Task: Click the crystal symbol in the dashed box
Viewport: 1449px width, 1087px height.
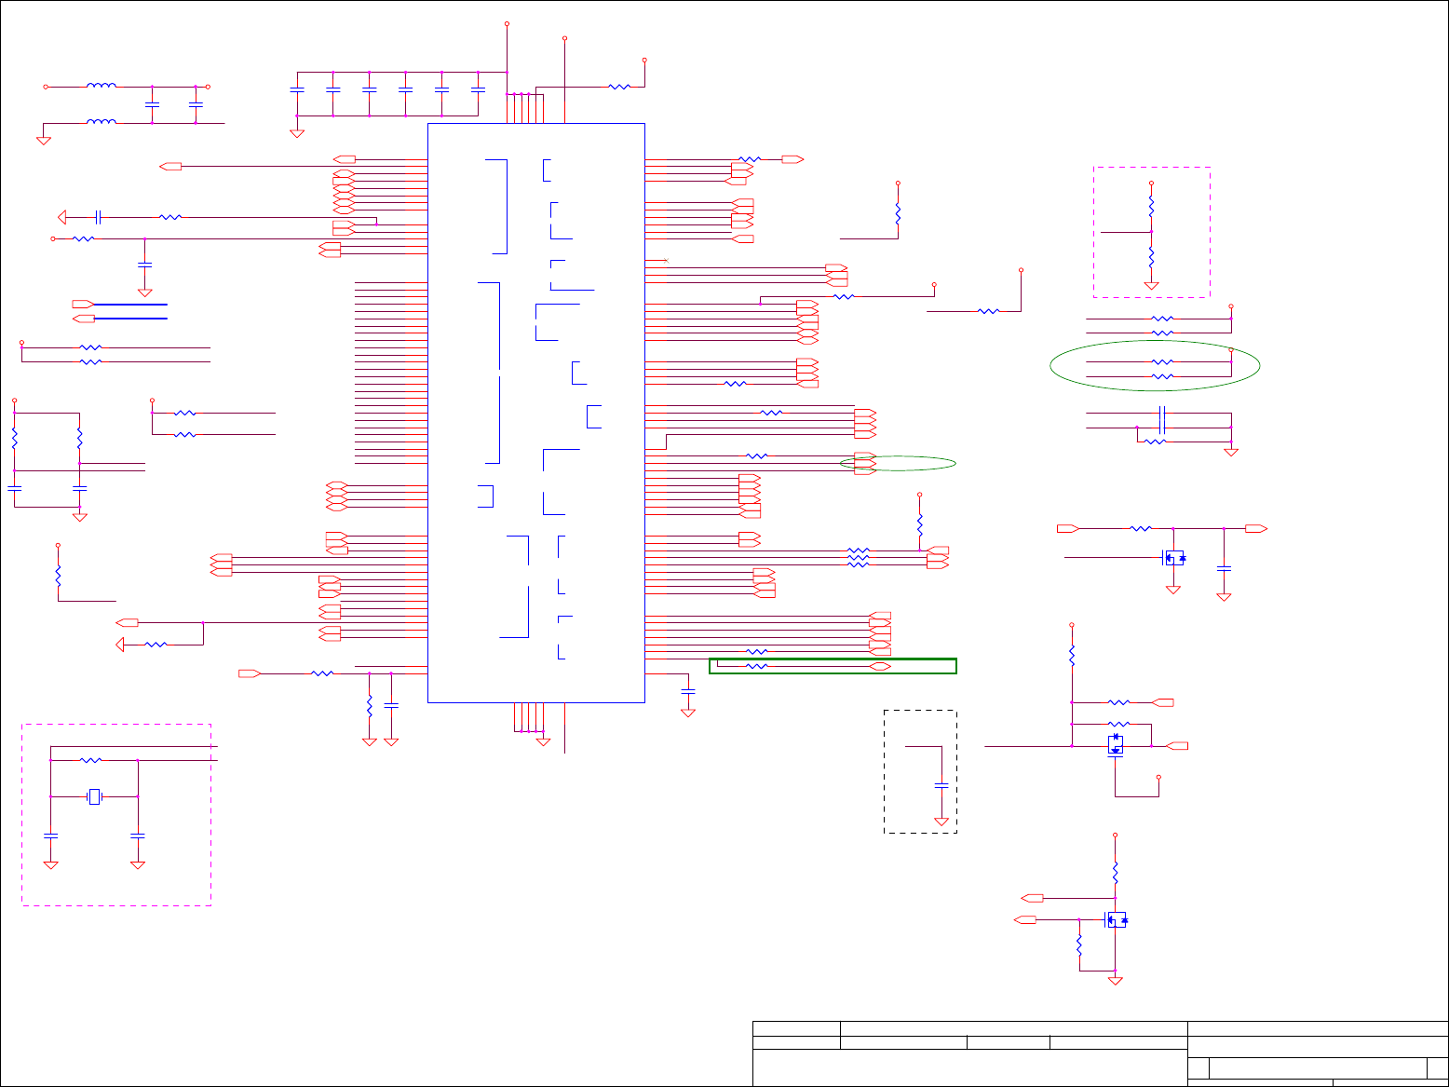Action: point(94,796)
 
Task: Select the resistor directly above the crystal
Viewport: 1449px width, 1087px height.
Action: point(91,761)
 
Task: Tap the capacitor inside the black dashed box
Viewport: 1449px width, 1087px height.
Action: point(941,786)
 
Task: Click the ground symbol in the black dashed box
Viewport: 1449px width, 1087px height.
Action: point(941,822)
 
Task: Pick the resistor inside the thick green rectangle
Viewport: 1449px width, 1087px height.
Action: point(757,667)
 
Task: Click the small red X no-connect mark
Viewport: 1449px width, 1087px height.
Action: point(665,261)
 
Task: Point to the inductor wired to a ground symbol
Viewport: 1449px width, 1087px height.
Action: point(101,122)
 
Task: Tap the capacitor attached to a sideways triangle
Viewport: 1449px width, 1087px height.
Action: point(98,217)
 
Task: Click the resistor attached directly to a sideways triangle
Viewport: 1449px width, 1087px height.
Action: point(156,645)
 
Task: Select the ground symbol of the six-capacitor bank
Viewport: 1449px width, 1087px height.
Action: point(297,133)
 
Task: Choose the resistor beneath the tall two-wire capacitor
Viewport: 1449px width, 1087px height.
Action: point(1155,442)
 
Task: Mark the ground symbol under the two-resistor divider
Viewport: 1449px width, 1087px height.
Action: point(1151,285)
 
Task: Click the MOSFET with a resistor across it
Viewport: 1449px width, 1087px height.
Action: point(1116,745)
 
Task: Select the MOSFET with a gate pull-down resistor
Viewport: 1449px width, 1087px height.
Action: point(1115,920)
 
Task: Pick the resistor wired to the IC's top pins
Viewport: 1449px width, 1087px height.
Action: point(619,87)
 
